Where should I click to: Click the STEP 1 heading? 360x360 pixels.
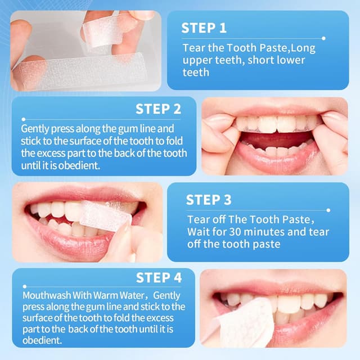pyautogui.click(x=204, y=28)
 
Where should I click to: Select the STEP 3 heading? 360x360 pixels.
pyautogui.click(x=209, y=200)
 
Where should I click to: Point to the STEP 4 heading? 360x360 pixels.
pyautogui.click(x=159, y=278)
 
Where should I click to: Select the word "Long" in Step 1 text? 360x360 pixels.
pyautogui.click(x=301, y=48)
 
